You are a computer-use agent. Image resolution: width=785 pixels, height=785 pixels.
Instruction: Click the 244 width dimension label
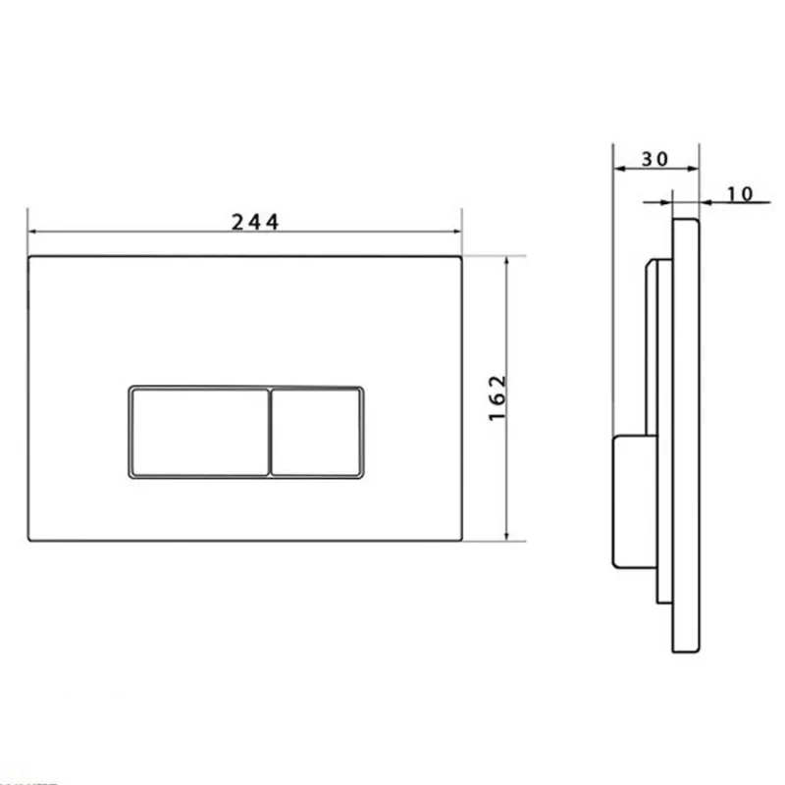[x=255, y=222]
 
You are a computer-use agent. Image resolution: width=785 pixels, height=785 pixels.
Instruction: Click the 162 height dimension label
[x=497, y=398]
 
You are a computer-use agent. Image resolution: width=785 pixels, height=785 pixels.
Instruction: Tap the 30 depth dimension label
[x=654, y=159]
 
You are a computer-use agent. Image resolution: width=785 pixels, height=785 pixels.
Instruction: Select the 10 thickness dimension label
[x=740, y=193]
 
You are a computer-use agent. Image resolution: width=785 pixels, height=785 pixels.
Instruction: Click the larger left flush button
[x=200, y=432]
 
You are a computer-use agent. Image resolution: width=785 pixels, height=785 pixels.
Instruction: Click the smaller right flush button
[x=316, y=432]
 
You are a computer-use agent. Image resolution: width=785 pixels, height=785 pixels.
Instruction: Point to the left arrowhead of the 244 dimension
[x=33, y=232]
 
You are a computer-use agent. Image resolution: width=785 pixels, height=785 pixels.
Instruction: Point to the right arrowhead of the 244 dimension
[x=456, y=232]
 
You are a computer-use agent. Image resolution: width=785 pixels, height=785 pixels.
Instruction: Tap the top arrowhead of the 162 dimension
[x=506, y=261]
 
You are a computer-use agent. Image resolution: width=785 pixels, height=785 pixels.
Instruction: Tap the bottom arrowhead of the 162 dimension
[x=506, y=536]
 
